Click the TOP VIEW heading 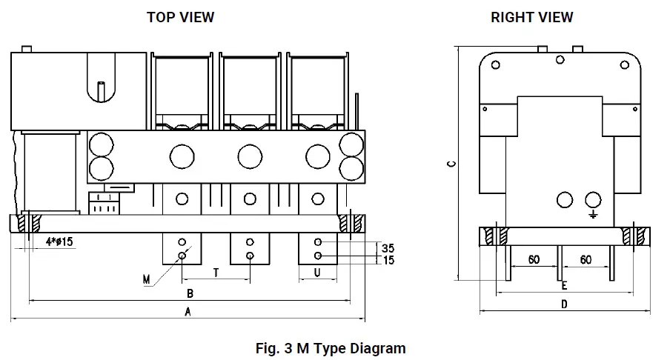click(x=180, y=17)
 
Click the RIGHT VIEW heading click(x=531, y=17)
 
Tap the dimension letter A click(x=188, y=312)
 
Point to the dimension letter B click(x=190, y=293)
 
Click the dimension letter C click(x=451, y=164)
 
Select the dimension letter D click(x=564, y=304)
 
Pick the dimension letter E click(x=564, y=285)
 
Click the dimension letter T click(x=216, y=273)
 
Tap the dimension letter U click(x=316, y=273)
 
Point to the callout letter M click(x=147, y=279)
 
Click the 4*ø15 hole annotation click(x=58, y=242)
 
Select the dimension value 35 click(x=387, y=248)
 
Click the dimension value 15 click(x=387, y=260)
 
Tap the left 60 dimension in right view click(x=533, y=259)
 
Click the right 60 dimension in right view click(x=586, y=259)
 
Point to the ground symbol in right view click(x=593, y=214)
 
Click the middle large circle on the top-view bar click(x=250, y=156)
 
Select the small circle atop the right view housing click(x=559, y=60)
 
